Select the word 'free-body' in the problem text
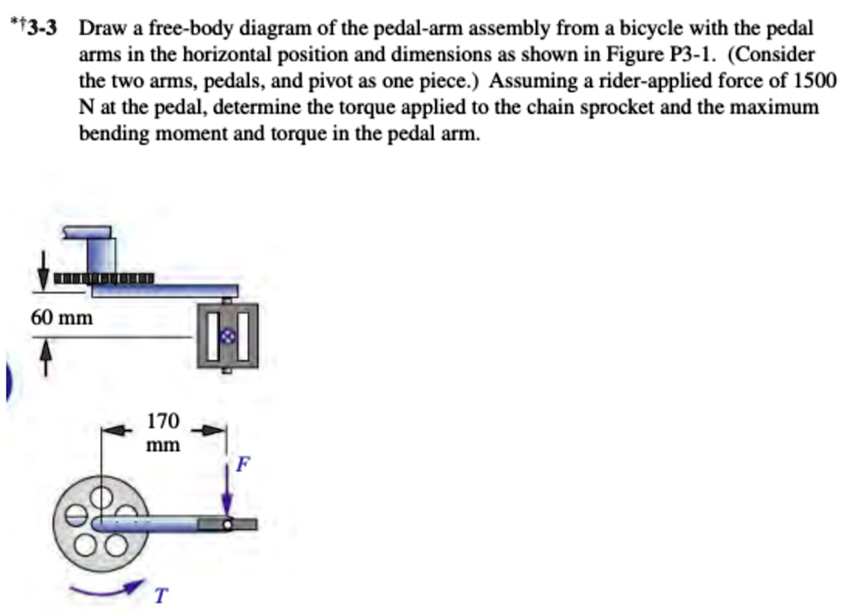[x=203, y=28]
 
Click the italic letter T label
[x=160, y=596]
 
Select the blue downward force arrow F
[x=227, y=489]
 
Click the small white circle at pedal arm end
[x=227, y=524]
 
